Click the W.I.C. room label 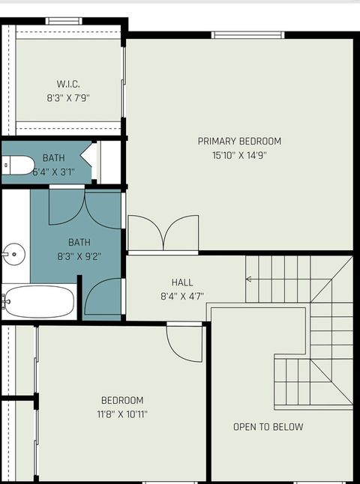68,84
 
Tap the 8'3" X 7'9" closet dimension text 68,97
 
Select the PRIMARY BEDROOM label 239,141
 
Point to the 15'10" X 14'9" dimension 239,155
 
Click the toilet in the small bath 16,165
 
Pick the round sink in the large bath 13,253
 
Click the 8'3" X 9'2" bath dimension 79,255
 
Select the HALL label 182,282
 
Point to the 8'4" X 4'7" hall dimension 182,296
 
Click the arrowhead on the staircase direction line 249,279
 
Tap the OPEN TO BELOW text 268,427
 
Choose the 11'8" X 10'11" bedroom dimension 123,414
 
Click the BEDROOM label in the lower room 123,400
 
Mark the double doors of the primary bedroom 163,233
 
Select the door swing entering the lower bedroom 184,343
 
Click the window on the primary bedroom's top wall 247,34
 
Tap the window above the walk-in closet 64,21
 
